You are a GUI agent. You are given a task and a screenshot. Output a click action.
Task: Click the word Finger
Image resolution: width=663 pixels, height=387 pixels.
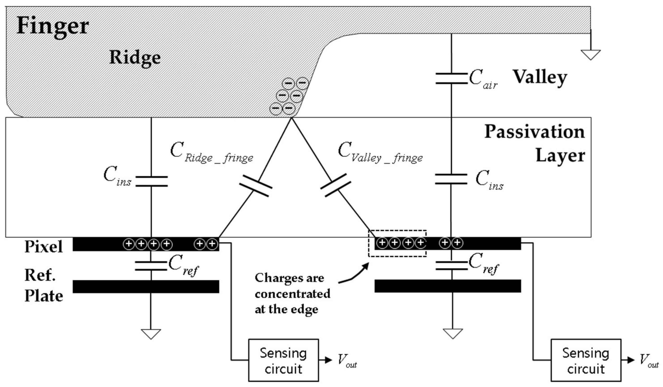53,26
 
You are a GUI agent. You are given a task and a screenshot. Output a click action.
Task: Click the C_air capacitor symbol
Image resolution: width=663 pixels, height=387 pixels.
452,79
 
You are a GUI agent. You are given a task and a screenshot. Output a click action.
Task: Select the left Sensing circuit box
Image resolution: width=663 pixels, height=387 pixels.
283,360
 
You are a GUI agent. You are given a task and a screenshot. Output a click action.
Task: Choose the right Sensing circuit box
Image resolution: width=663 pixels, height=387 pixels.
586,360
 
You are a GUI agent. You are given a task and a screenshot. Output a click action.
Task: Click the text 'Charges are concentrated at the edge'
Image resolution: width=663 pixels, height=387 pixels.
292,293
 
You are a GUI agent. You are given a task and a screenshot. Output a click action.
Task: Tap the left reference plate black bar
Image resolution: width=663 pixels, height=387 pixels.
146,287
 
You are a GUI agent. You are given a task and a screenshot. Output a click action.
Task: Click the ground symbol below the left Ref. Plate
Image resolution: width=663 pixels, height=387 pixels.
151,333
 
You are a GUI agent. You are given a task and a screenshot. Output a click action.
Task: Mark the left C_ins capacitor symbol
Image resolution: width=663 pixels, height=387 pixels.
151,181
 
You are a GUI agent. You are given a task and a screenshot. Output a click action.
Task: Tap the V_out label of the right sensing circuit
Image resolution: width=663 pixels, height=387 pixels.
649,360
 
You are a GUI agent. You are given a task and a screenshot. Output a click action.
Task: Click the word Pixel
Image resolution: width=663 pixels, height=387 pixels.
44,247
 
